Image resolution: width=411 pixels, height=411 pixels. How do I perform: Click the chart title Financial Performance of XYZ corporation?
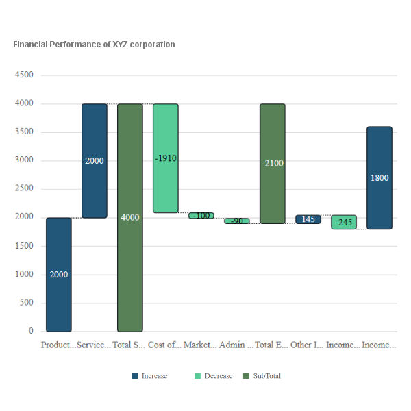pos(94,45)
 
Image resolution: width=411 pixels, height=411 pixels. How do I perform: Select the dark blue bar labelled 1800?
pos(379,177)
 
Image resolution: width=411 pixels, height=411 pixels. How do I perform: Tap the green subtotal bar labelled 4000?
pos(130,217)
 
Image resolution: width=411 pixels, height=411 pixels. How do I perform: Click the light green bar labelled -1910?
pos(166,158)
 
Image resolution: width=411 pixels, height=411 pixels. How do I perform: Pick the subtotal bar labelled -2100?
pos(273,164)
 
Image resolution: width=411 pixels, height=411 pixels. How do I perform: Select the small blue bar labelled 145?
pos(308,219)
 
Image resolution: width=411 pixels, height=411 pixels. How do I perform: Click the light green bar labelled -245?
pos(344,222)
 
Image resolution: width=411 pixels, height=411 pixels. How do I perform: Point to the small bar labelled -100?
pos(201,216)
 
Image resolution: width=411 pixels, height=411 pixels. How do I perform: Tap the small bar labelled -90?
pos(237,221)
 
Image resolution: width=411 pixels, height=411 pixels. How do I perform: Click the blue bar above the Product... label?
pos(59,274)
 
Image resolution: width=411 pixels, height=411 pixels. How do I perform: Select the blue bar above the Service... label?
pos(95,161)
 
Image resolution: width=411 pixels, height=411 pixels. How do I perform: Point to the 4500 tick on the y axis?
pos(24,75)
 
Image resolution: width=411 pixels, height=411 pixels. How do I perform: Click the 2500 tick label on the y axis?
pos(24,189)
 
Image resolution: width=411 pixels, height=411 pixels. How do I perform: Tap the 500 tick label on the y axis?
pos(27,303)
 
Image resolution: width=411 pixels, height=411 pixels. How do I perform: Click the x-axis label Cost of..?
pos(165,345)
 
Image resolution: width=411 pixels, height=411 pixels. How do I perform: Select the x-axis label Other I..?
pos(307,345)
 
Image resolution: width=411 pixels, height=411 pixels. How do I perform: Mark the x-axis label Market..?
pos(200,345)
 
